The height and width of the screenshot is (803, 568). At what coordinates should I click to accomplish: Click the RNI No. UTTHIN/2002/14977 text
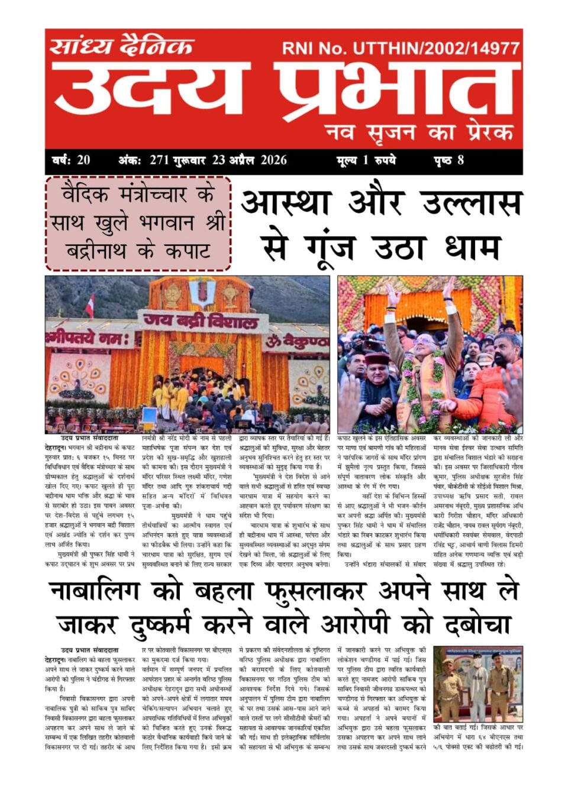pyautogui.click(x=401, y=48)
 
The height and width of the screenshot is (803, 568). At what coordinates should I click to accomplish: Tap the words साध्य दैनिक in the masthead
pyautogui.click(x=121, y=46)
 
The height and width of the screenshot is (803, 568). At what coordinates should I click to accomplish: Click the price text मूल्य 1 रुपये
pyautogui.click(x=366, y=160)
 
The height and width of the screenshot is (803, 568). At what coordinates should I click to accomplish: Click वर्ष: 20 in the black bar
pyautogui.click(x=71, y=160)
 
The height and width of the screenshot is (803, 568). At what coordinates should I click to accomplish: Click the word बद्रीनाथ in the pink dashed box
pyautogui.click(x=95, y=251)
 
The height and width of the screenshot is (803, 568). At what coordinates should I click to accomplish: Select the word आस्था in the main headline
pyautogui.click(x=285, y=202)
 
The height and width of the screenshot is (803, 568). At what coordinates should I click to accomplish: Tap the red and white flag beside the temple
pyautogui.click(x=90, y=306)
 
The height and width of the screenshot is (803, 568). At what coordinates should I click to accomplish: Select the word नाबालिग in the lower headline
pyautogui.click(x=94, y=591)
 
